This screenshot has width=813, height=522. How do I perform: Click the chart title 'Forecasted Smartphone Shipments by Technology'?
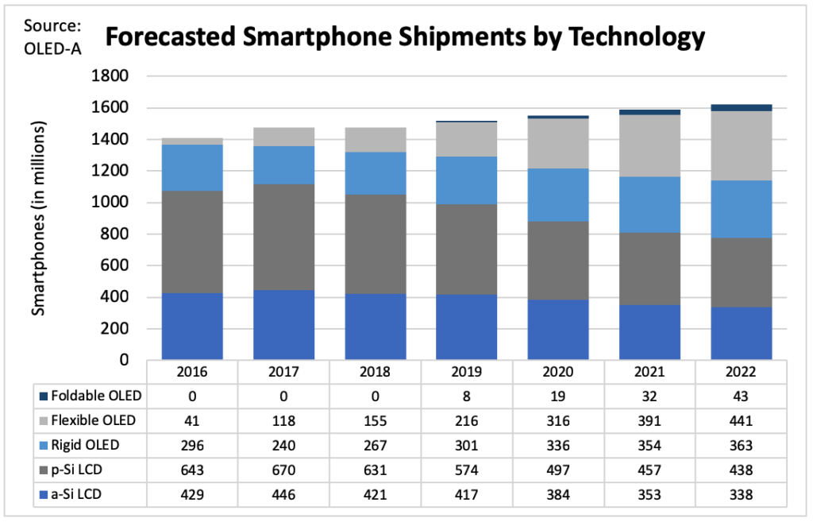click(406, 37)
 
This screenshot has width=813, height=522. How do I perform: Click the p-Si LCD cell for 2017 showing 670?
click(283, 470)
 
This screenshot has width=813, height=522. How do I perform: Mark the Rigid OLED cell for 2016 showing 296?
click(192, 445)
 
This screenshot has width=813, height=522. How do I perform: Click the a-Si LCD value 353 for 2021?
click(649, 493)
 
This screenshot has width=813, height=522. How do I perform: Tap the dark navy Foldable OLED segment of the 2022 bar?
click(741, 107)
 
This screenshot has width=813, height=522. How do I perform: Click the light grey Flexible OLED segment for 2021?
click(649, 145)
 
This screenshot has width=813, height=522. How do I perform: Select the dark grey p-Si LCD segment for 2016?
click(192, 242)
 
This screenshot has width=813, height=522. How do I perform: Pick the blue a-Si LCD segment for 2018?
click(376, 327)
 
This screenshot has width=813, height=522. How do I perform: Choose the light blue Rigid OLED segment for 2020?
click(558, 195)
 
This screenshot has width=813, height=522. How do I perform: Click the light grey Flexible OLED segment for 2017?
click(283, 137)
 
